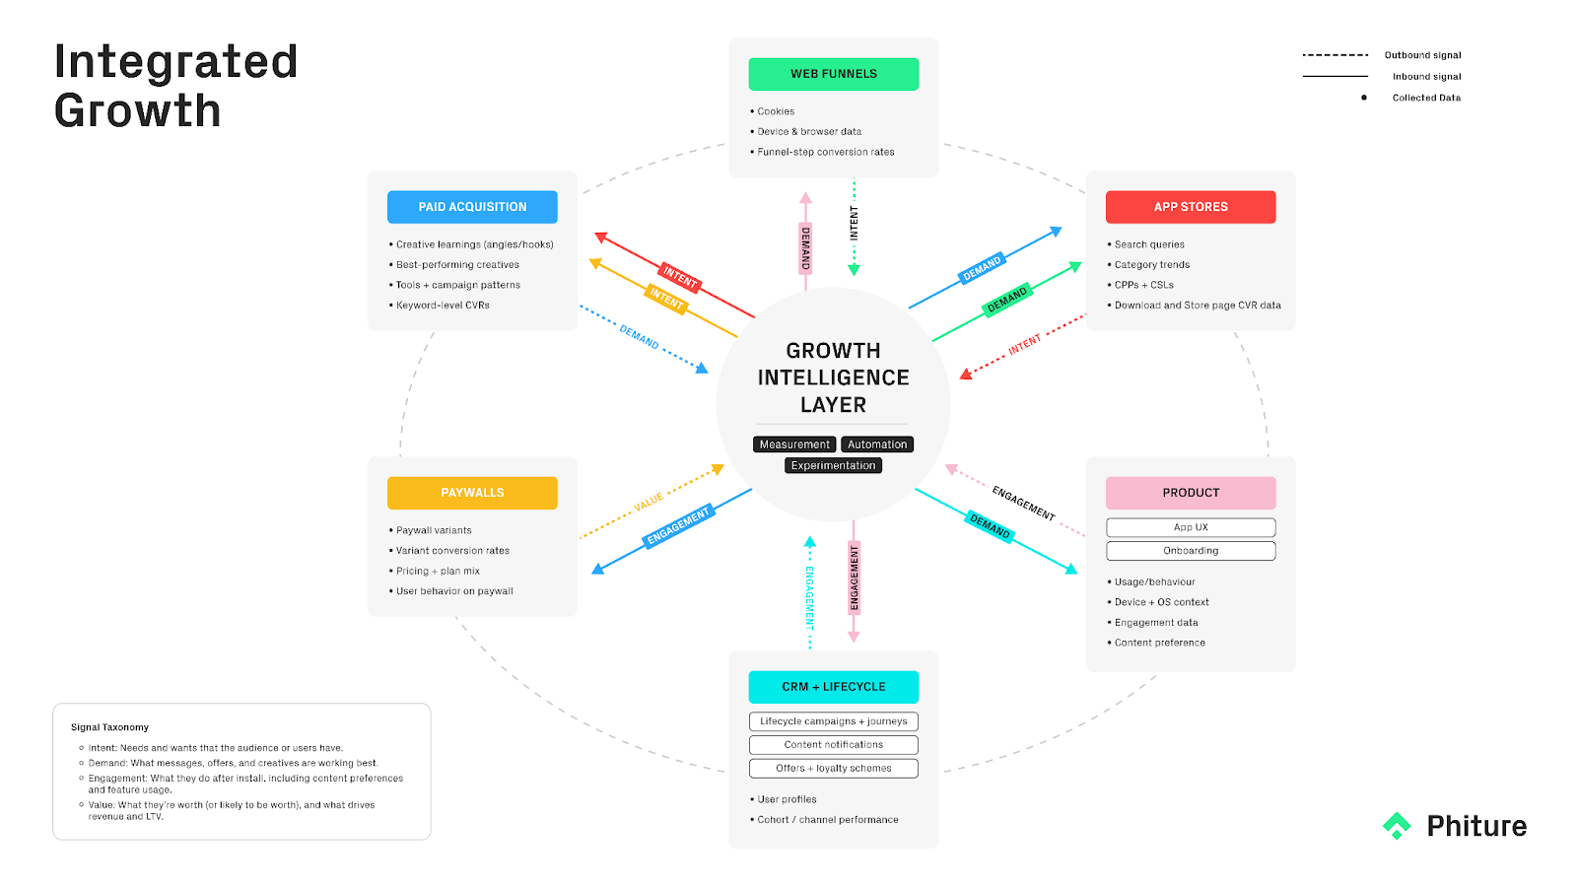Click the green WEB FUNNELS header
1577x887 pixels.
coord(833,74)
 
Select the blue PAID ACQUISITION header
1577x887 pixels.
coord(472,207)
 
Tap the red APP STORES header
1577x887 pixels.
coord(1191,207)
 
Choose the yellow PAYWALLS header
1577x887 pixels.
coord(472,493)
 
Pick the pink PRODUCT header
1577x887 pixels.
coord(1191,493)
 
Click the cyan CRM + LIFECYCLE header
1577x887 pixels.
coord(833,687)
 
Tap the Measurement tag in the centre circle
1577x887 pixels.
coord(794,444)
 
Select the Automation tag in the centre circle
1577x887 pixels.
coord(877,444)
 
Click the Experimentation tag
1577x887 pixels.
coord(833,465)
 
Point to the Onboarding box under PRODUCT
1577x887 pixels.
coord(1191,551)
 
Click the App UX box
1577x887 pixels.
coord(1191,527)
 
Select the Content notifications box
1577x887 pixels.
coord(833,745)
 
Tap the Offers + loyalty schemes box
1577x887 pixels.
coord(833,769)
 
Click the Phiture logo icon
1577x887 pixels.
coord(1397,826)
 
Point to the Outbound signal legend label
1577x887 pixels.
coord(1422,55)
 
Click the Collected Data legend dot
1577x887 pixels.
coord(1364,98)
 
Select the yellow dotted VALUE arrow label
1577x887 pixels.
coord(649,503)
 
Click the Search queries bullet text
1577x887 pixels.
coord(1149,244)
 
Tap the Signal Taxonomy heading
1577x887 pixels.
coord(109,727)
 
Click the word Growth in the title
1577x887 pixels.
coord(138,110)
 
